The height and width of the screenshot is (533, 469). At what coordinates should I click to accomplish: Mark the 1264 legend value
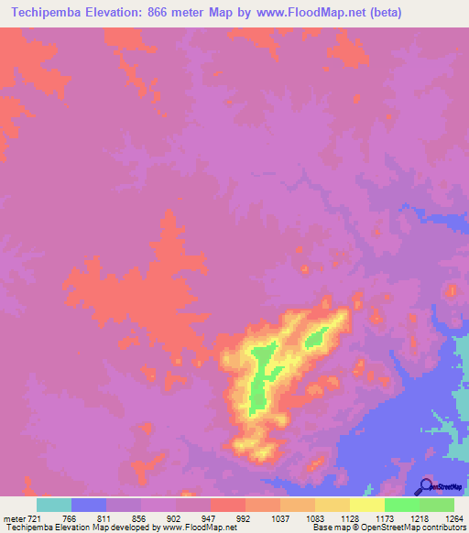453,519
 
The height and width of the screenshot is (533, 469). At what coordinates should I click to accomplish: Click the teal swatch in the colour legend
54,505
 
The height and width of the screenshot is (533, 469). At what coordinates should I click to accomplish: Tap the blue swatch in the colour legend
89,505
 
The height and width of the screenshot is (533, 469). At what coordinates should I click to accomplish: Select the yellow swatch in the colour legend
367,505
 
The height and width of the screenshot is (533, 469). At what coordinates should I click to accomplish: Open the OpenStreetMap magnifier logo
426,486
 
